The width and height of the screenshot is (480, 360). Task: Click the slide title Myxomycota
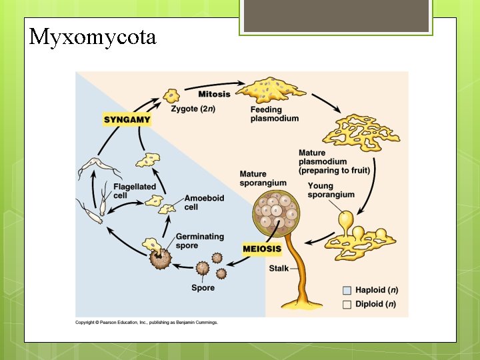tap(92, 37)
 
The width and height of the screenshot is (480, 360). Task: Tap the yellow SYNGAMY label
tap(127, 120)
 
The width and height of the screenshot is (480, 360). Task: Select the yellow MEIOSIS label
tap(262, 249)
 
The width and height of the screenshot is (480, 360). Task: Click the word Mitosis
tap(214, 95)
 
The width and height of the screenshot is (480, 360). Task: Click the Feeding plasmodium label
tap(274, 114)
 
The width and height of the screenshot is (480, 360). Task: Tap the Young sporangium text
tap(331, 190)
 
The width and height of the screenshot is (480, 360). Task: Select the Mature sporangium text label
tap(263, 179)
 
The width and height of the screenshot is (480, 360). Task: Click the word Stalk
tap(279, 269)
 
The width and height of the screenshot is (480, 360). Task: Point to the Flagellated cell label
tap(134, 191)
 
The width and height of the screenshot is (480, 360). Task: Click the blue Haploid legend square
tap(347, 290)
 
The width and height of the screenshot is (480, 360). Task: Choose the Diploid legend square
tap(347, 305)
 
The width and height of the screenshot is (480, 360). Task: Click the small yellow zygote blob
tap(173, 95)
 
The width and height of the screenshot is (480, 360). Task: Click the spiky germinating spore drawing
tap(159, 257)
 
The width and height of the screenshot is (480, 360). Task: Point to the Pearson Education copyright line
tap(147, 323)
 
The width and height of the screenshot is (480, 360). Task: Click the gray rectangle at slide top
tap(336, 16)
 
